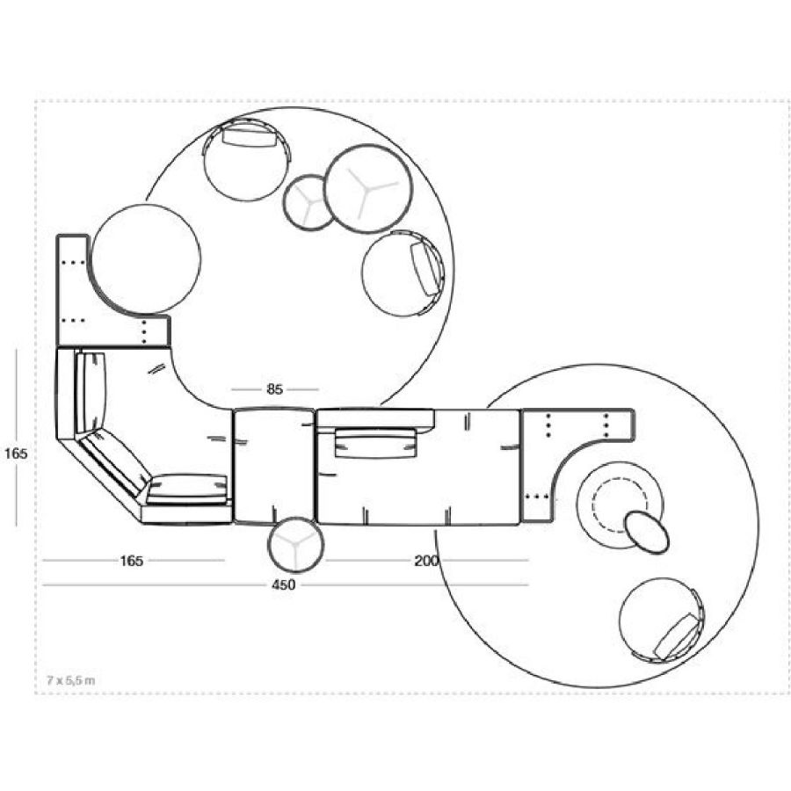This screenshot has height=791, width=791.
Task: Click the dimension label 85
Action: point(274,389)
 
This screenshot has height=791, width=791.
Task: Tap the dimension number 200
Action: point(426,561)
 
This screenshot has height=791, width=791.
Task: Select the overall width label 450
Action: point(284,585)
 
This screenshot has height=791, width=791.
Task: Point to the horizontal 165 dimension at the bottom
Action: point(131,561)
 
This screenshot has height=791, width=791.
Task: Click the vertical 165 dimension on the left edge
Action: point(16,454)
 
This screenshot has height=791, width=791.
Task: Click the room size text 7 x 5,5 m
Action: point(70,680)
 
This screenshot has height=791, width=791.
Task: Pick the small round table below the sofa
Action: point(295,544)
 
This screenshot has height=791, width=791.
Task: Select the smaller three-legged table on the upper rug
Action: point(310,202)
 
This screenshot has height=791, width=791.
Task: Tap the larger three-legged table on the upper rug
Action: point(367,189)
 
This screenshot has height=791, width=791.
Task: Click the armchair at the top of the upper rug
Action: point(247,159)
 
